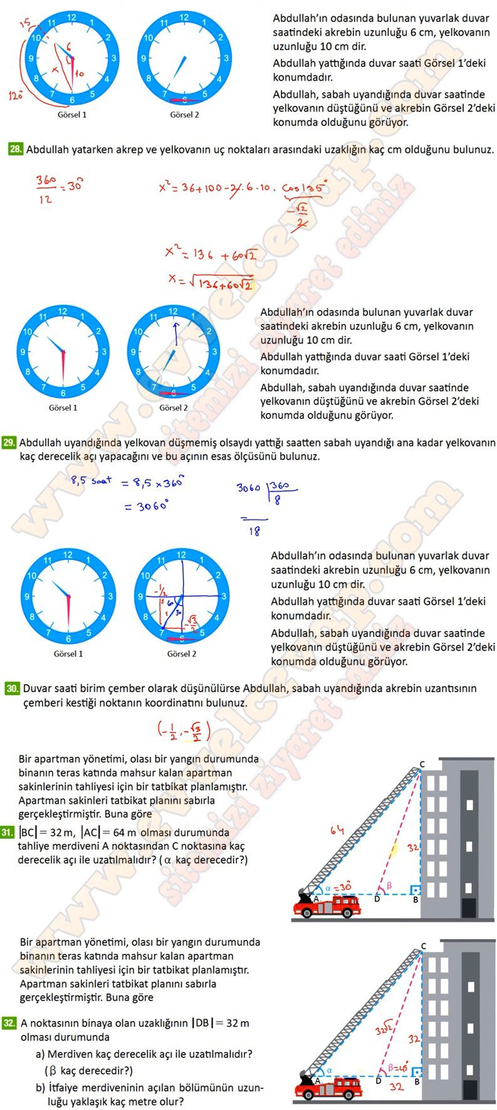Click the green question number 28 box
[16, 150]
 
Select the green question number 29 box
[9, 443]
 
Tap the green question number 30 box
[13, 688]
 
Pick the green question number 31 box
[8, 832]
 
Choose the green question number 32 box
[9, 1023]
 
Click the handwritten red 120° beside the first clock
[15, 96]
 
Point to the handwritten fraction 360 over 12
[46, 190]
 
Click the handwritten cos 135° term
[305, 188]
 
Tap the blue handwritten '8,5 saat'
[92, 481]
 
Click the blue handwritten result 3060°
[152, 506]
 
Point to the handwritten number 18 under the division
[254, 531]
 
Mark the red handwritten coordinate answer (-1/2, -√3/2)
[184, 731]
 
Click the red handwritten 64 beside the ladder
[337, 831]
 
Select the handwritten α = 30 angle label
[338, 888]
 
